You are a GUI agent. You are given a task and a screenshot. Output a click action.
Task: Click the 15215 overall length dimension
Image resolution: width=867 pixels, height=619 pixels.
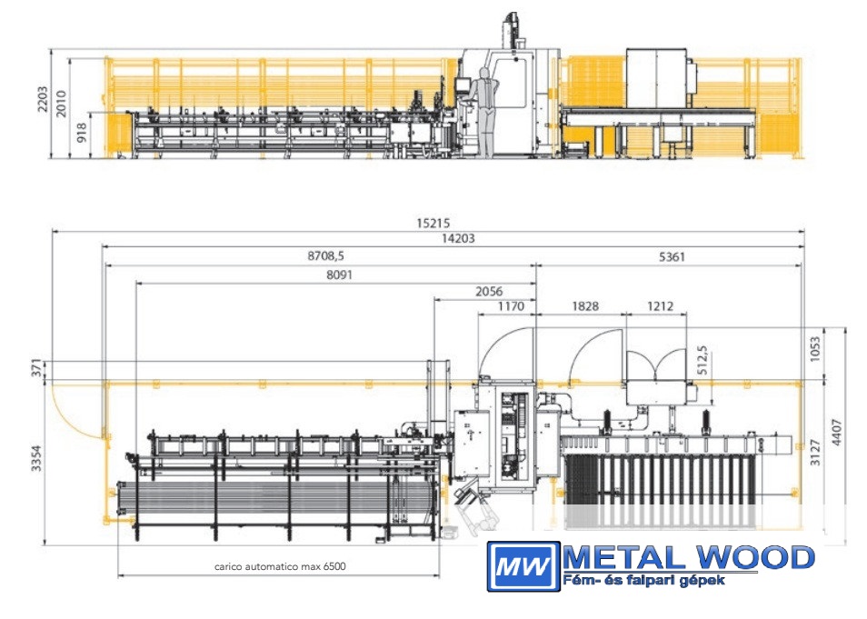pos(433,223)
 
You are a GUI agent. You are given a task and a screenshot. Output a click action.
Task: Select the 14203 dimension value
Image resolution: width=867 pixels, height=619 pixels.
pos(458,238)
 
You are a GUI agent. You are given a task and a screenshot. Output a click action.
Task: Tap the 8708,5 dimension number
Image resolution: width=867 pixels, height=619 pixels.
pos(325,255)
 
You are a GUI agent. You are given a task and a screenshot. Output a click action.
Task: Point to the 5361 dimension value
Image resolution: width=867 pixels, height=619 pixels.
pos(672,256)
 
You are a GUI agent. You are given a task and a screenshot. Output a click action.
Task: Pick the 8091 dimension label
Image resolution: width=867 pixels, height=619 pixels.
pos(339,275)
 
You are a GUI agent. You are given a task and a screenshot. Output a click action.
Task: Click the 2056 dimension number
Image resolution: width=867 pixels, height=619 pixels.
pos(489,292)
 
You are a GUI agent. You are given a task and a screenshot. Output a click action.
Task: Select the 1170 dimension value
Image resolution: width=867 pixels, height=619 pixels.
pos(511,306)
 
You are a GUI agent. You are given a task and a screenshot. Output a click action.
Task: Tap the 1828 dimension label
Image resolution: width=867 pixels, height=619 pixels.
pos(585,306)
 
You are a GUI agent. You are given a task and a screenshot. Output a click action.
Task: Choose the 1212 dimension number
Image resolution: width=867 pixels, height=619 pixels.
pos(660,306)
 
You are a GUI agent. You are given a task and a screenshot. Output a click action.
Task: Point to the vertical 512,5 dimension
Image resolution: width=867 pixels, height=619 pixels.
pos(703,360)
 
